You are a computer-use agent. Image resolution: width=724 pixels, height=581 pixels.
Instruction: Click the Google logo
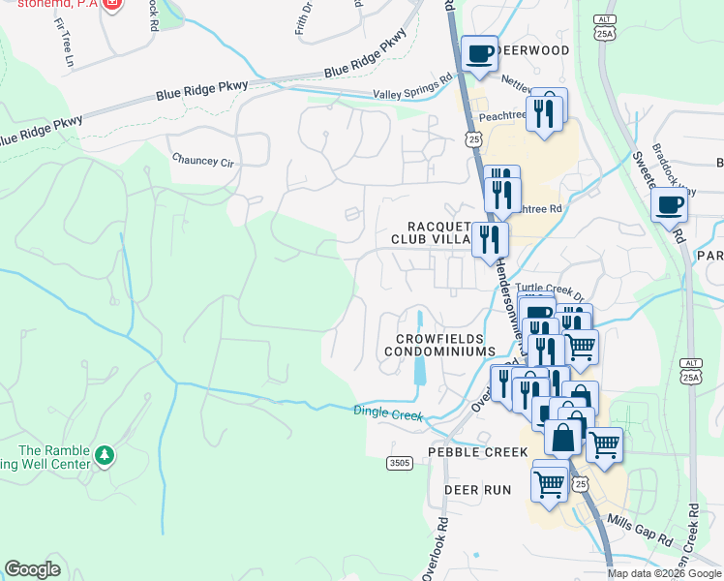32,569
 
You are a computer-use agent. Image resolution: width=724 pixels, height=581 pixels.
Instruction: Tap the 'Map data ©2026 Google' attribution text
664,573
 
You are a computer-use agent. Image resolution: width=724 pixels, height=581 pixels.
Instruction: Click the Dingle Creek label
388,413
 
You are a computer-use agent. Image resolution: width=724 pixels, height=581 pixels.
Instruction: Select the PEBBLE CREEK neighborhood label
479,453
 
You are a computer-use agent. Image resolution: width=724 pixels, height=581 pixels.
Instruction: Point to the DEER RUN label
477,490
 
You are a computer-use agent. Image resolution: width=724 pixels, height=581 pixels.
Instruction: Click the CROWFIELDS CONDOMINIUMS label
445,344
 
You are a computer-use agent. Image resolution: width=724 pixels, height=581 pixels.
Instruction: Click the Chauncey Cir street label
203,160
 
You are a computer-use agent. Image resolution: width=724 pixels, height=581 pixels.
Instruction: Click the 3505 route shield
399,464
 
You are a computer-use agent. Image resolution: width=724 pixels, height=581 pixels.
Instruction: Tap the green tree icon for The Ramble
105,453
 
